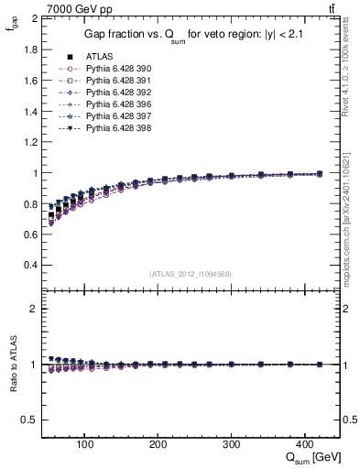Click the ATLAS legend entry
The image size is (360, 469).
point(98,57)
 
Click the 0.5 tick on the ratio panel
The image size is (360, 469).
point(34,420)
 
